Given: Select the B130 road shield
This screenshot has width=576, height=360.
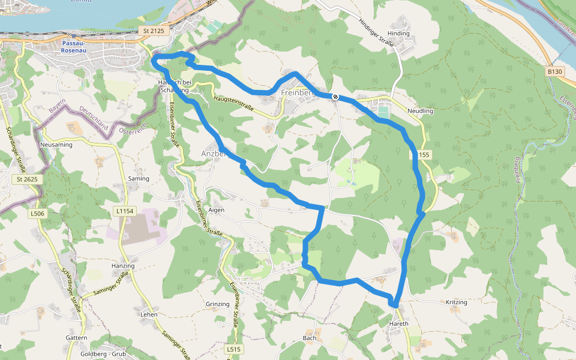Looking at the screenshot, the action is point(555,71).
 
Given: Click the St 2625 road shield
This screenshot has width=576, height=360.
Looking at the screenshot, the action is point(28,179).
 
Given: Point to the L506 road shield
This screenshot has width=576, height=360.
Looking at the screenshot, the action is point(37,213).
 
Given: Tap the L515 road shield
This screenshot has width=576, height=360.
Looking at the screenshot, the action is point(234,349).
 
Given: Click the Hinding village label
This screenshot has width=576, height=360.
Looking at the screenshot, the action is point(398,34).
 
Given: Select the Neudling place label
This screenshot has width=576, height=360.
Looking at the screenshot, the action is point(420,112).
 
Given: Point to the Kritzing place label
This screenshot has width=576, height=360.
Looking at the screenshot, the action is point(457,302).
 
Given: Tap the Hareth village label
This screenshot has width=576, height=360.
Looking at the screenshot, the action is point(399,324).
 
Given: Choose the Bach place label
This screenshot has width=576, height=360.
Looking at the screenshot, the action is point(310,338).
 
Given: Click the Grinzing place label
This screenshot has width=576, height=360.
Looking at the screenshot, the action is point(217,304).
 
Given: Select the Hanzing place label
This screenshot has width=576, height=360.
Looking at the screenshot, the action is point(123,266).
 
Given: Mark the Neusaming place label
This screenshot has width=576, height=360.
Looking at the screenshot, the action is point(56,145).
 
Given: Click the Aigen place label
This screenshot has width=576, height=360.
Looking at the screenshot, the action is point(216,210).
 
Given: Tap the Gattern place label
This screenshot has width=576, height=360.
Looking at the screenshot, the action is point(76,338).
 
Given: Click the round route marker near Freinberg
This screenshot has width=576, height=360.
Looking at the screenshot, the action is point(335,97).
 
